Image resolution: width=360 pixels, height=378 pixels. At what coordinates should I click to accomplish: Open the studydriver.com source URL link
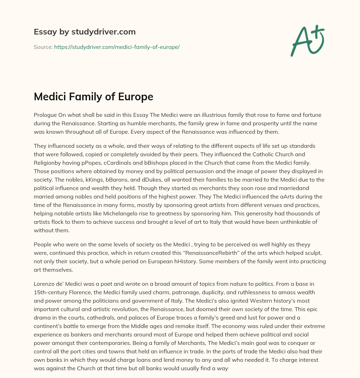pos(117,47)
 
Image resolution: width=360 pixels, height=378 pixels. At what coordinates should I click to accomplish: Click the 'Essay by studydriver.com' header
pos(85,32)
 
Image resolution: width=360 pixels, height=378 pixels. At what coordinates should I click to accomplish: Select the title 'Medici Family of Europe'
pos(94,96)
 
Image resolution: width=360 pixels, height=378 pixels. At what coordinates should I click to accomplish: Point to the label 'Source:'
pos(43,47)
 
